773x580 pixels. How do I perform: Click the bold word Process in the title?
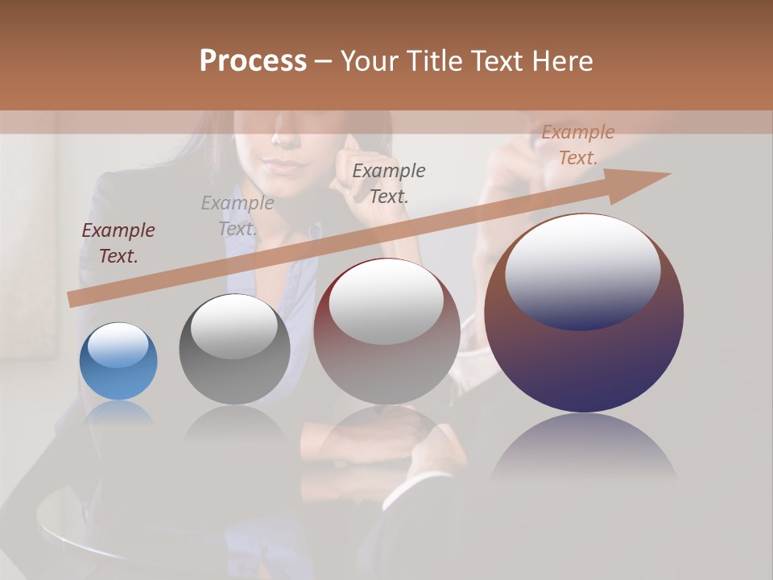tap(253, 61)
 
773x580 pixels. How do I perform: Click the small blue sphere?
tap(118, 362)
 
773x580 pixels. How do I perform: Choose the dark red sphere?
tap(386, 332)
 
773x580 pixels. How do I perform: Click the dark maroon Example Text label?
tap(118, 243)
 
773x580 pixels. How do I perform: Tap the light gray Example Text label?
tap(238, 216)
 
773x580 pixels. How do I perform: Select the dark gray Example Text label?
tap(389, 183)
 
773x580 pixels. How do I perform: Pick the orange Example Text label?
tap(578, 145)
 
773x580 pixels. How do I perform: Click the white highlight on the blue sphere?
tap(118, 346)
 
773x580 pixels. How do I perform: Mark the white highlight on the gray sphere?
tap(234, 326)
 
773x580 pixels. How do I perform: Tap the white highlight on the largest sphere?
tap(583, 272)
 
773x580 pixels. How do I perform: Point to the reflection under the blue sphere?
tap(118, 412)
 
